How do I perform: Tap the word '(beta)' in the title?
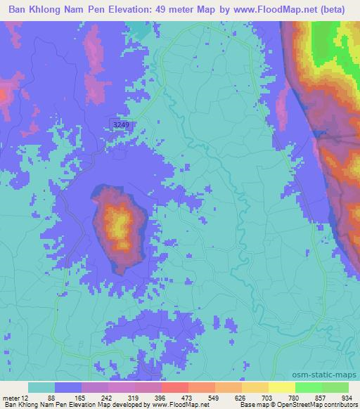click(x=339, y=10)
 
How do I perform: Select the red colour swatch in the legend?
click(x=175, y=387)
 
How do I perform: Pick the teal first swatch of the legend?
click(x=41, y=387)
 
